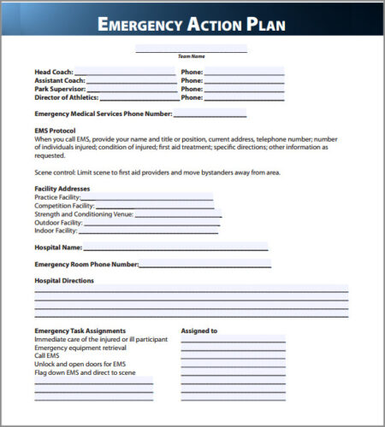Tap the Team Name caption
tap(191, 56)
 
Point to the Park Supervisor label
tap(60, 89)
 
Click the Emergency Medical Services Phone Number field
tap(210, 114)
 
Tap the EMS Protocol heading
tap(56, 130)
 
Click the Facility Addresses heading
tap(62, 188)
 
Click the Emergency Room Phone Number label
tap(86, 264)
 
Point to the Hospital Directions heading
tap(64, 280)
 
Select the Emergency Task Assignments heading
tap(80, 330)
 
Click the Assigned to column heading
tap(199, 330)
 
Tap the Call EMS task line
tap(48, 355)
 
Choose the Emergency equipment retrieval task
tap(80, 348)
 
